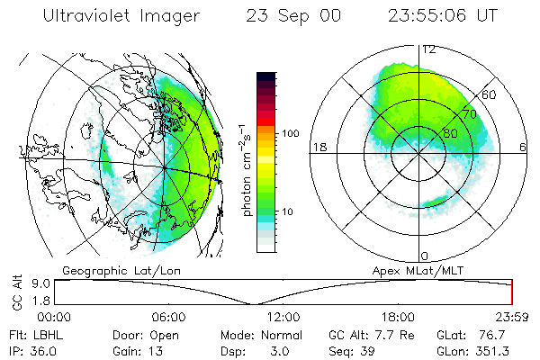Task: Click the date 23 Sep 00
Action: click(291, 16)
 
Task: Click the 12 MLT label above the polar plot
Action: click(429, 49)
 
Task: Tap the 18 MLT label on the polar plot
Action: click(319, 148)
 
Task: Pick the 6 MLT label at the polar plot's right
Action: click(524, 148)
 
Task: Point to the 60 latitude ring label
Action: click(490, 94)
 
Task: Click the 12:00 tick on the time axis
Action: click(283, 317)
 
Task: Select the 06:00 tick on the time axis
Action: click(168, 317)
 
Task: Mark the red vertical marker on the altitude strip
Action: click(511, 292)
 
